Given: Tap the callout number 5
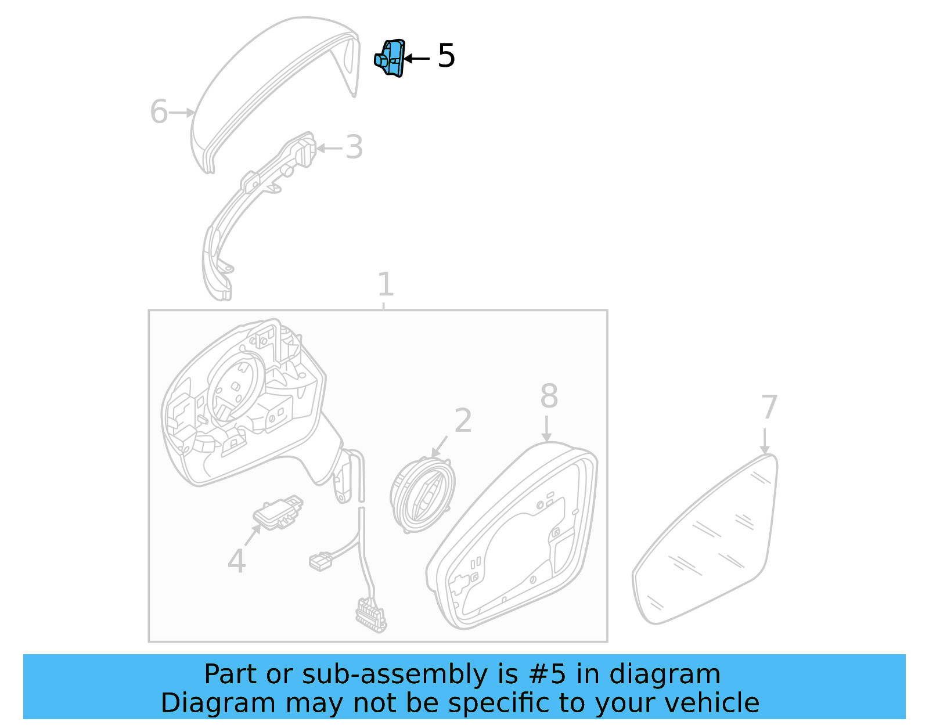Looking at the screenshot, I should [446, 56].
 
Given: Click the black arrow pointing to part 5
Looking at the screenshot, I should [417, 59].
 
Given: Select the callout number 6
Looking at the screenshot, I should [159, 111].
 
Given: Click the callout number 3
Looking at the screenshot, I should [354, 147].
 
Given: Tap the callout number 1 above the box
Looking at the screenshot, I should [386, 284].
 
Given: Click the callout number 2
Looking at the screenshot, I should [463, 420].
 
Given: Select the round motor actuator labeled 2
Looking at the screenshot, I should [423, 495].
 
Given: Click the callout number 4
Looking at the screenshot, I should [236, 561].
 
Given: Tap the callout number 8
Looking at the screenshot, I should [549, 396].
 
